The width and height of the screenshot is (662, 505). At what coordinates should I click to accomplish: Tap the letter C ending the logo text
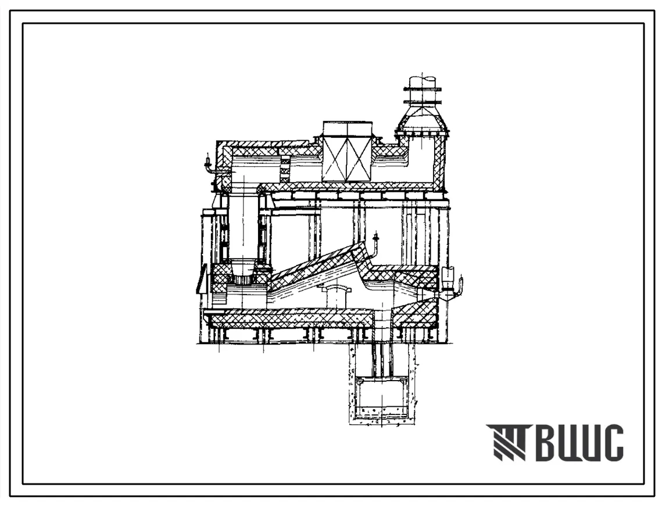click(611, 443)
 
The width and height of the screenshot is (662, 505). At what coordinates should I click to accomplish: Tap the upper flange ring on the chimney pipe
click(424, 89)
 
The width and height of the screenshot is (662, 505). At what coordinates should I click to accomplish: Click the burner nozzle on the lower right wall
click(453, 282)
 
